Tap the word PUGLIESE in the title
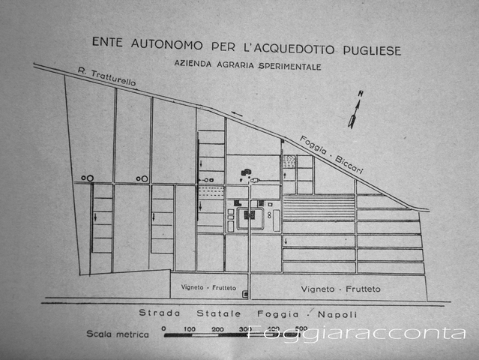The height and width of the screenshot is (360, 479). [x=372, y=50]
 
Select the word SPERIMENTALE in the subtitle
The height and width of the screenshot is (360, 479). [x=290, y=66]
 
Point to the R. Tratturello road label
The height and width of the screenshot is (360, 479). [x=106, y=76]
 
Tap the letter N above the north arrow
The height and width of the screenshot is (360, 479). [x=361, y=94]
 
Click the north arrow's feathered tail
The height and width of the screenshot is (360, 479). [x=352, y=121]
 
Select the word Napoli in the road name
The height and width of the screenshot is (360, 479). [x=337, y=314]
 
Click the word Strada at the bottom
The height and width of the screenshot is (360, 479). [x=160, y=313]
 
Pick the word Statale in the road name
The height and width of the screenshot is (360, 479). [x=219, y=313]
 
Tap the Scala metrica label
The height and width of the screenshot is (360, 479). [x=118, y=334]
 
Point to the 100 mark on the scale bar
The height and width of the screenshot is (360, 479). [x=190, y=329]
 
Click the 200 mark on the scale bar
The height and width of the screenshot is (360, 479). [x=218, y=329]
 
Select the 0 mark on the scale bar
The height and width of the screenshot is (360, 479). [x=164, y=328]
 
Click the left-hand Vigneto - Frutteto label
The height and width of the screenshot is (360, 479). [x=208, y=287]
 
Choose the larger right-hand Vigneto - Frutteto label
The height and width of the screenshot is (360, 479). [x=340, y=289]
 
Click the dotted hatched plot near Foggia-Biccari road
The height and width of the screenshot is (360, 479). [x=289, y=161]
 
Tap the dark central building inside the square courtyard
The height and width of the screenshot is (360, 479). [x=250, y=215]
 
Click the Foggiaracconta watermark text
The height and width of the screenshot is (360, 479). [x=356, y=332]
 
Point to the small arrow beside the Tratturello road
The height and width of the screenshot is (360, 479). [x=237, y=114]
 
